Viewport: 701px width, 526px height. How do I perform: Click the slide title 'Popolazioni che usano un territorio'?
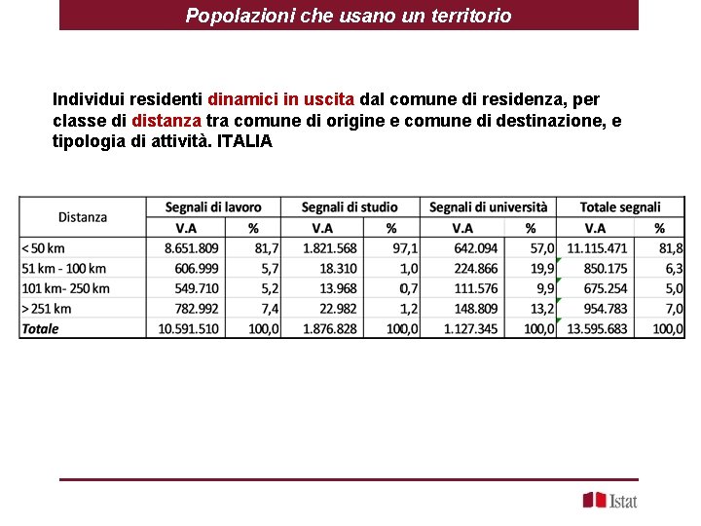click(x=349, y=16)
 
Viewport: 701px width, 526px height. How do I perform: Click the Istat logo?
click(x=610, y=500)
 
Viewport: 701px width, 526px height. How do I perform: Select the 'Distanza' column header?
click(x=83, y=217)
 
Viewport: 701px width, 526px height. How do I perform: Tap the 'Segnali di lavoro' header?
click(x=213, y=207)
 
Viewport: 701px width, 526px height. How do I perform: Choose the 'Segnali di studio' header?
click(x=350, y=207)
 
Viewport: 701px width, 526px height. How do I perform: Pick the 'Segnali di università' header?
click(x=488, y=207)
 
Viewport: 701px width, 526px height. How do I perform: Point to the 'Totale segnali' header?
click(x=620, y=207)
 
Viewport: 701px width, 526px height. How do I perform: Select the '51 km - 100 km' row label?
click(x=63, y=268)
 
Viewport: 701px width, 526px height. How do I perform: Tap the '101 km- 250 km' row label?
click(x=65, y=288)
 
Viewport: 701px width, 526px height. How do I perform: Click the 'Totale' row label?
click(x=40, y=328)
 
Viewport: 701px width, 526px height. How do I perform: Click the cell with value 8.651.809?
click(x=192, y=248)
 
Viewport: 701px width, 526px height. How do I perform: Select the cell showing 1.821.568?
click(x=330, y=248)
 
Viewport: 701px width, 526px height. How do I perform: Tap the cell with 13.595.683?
click(x=597, y=328)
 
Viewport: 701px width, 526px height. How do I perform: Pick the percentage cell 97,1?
click(x=403, y=248)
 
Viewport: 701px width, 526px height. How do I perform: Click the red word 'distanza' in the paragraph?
click(x=166, y=121)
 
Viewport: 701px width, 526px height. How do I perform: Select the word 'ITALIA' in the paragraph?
click(x=245, y=141)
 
